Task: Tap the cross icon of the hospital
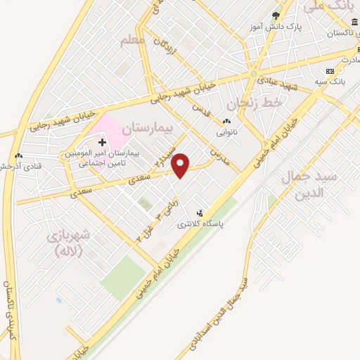pyautogui.click(x=102, y=143)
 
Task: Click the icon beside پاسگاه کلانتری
pyautogui.click(x=201, y=212)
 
